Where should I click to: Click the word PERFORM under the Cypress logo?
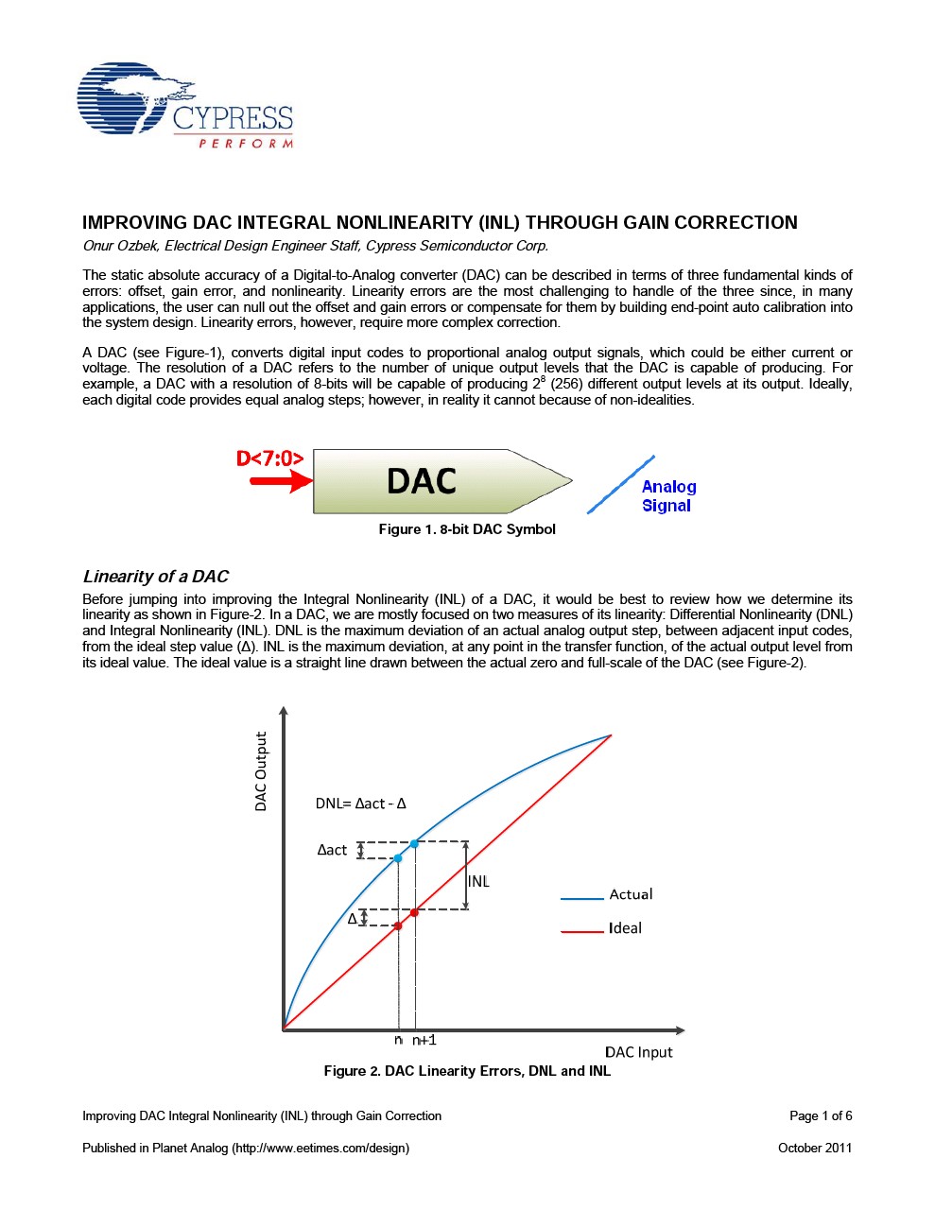coord(245,144)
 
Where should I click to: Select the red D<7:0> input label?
coord(269,458)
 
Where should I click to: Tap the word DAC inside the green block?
coord(422,481)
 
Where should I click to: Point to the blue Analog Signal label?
coord(668,496)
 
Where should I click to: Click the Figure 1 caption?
coord(467,529)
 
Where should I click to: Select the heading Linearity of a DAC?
coord(156,577)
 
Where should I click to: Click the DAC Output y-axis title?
coord(261,770)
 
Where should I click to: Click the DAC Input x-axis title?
coord(638,1052)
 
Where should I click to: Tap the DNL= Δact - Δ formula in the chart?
coord(360,804)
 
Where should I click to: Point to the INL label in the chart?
coord(479,881)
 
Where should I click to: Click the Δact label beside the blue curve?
coord(332,850)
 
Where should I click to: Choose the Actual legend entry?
coord(631,894)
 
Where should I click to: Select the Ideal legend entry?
coord(625,928)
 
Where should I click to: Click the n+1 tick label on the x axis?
coord(424,1040)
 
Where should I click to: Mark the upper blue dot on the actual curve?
coord(414,842)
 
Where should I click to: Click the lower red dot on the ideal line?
coord(398,925)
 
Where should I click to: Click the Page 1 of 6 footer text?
coord(821,1115)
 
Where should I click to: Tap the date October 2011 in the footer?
coord(815,1148)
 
